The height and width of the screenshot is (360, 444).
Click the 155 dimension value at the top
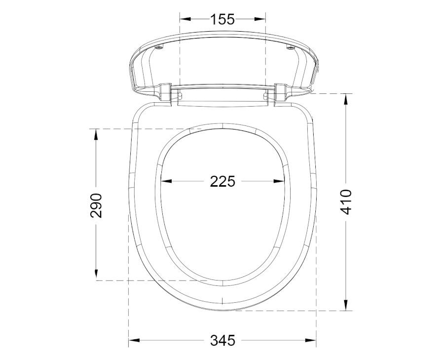[222, 19]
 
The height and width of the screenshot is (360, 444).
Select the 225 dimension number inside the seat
[222, 181]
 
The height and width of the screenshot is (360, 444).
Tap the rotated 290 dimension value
[96, 205]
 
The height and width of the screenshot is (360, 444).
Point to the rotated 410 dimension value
[346, 202]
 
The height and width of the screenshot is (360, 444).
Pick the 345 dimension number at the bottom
[222, 340]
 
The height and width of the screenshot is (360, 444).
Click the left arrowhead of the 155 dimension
[185, 19]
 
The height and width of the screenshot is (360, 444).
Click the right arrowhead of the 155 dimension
[259, 19]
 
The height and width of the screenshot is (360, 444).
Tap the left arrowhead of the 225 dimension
[167, 181]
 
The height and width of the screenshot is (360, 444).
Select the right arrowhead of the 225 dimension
[279, 181]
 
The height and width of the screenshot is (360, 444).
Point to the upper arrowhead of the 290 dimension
[96, 135]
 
